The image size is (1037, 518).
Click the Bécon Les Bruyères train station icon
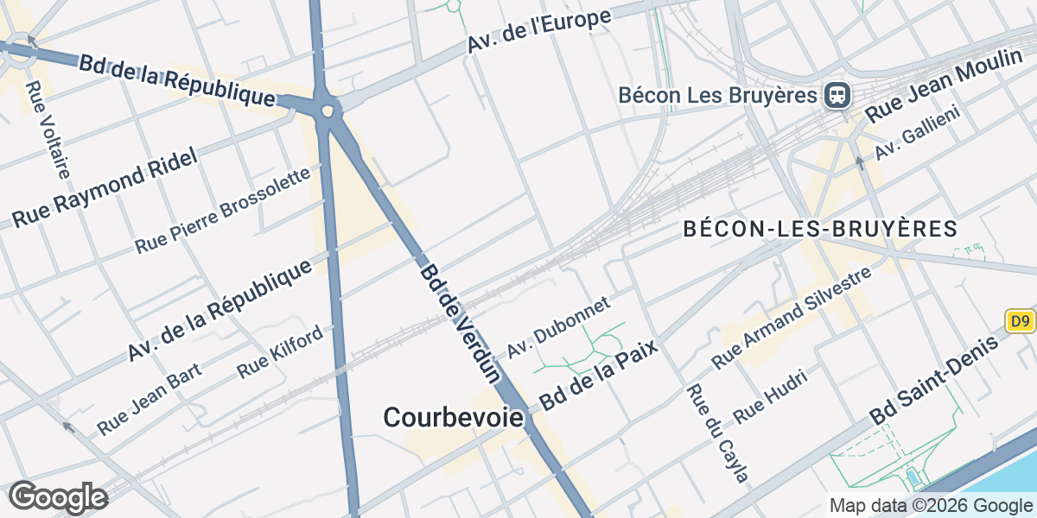(837, 95)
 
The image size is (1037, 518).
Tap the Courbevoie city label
(453, 418)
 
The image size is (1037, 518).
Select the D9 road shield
(1021, 322)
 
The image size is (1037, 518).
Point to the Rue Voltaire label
(48, 129)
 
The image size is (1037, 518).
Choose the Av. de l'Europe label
(540, 31)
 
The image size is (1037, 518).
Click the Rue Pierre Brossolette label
(222, 212)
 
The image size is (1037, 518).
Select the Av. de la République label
(219, 310)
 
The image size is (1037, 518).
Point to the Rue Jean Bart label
(149, 399)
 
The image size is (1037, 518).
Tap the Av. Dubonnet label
(558, 328)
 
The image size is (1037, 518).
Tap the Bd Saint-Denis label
(933, 379)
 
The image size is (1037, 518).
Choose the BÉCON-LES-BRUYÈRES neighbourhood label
(820, 230)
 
